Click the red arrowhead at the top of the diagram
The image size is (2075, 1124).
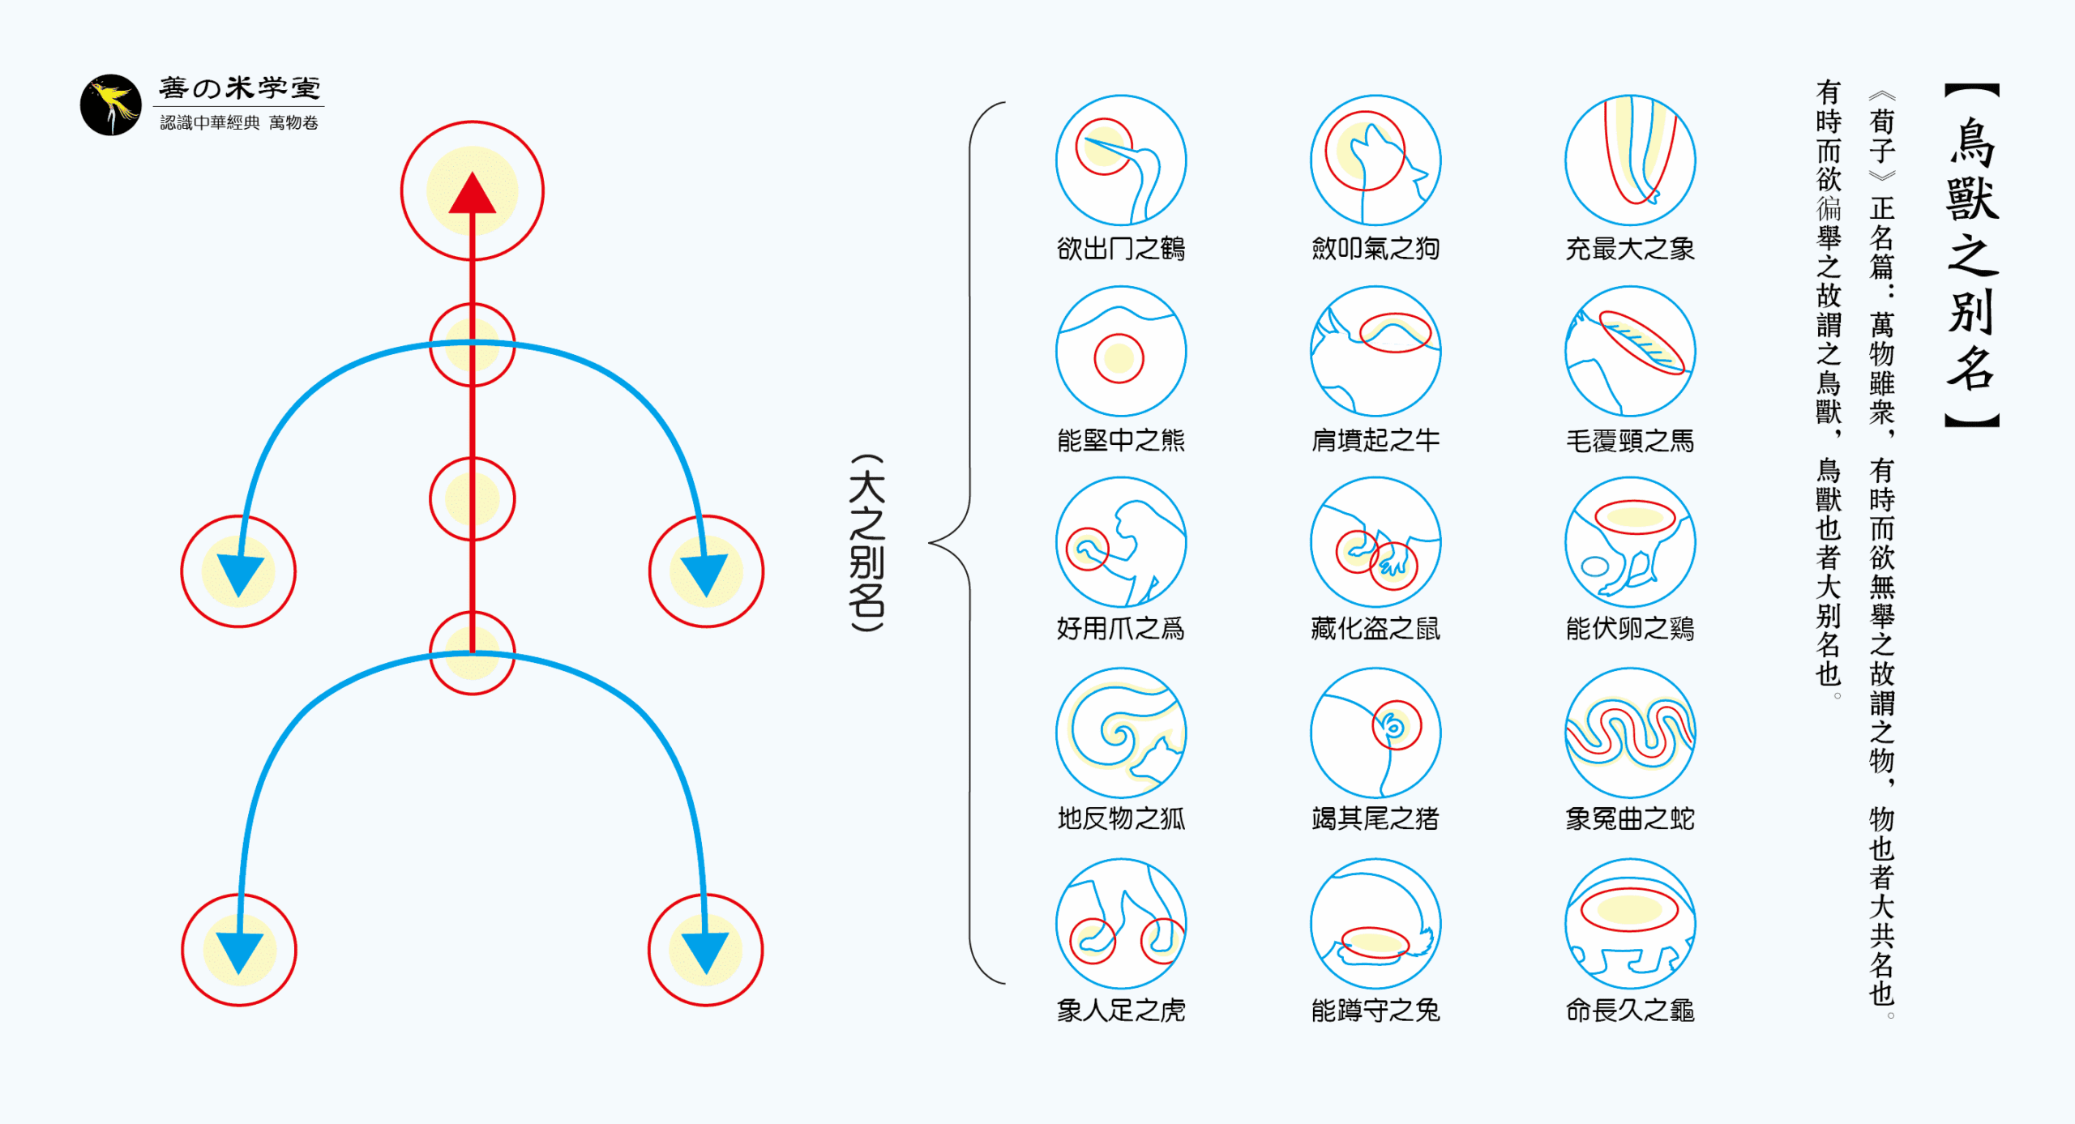pyautogui.click(x=472, y=194)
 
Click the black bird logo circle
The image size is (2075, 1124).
pyautogui.click(x=110, y=105)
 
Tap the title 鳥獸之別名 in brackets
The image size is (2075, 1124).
pyautogui.click(x=1971, y=255)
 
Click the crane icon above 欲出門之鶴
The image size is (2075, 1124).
pyautogui.click(x=1120, y=160)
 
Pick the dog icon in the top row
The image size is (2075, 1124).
pyautogui.click(x=1375, y=160)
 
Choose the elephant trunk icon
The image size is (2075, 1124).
pyautogui.click(x=1629, y=160)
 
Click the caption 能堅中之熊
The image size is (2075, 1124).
pyautogui.click(x=1120, y=441)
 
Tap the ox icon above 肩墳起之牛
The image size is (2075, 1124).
pyautogui.click(x=1375, y=351)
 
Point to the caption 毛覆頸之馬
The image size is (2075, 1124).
pyautogui.click(x=1629, y=441)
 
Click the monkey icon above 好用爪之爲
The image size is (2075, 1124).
pyautogui.click(x=1120, y=541)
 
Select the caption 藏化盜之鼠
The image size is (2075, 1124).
pyautogui.click(x=1375, y=629)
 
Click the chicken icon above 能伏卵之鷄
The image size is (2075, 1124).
pyautogui.click(x=1629, y=541)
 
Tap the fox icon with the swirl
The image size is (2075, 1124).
pyautogui.click(x=1120, y=733)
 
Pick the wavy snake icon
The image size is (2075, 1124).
pyautogui.click(x=1629, y=733)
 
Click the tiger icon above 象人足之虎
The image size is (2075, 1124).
pyautogui.click(x=1120, y=924)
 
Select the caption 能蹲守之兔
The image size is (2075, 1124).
pyautogui.click(x=1375, y=1011)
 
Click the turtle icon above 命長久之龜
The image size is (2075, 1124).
pyautogui.click(x=1629, y=924)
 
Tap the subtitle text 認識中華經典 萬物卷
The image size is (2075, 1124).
pyautogui.click(x=239, y=123)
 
